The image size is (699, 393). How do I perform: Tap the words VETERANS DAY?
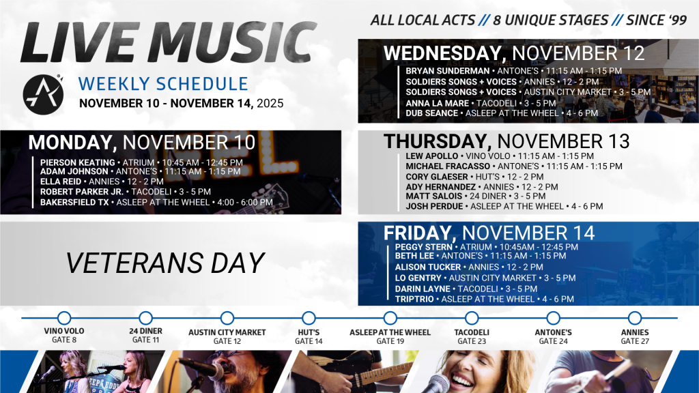(165, 263)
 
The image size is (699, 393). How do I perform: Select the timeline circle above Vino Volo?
(64, 318)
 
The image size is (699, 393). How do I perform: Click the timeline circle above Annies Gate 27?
(634, 318)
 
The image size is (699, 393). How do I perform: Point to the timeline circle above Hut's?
(309, 318)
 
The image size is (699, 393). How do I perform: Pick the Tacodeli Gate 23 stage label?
(471, 336)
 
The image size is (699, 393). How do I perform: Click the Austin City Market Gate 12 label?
(227, 336)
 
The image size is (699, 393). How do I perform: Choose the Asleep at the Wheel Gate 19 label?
(390, 336)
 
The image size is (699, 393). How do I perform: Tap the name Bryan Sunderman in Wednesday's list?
(447, 71)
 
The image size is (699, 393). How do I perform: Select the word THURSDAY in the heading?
(436, 141)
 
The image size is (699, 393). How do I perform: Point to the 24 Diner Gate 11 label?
(145, 336)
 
